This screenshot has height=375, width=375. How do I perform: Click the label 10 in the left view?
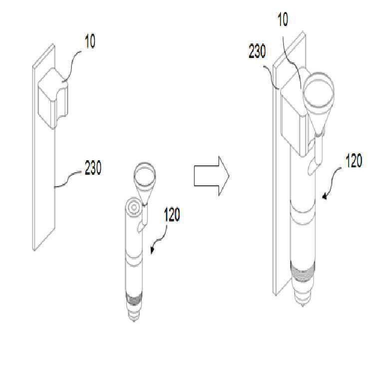point(90,41)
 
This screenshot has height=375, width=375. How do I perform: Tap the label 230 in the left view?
point(93,168)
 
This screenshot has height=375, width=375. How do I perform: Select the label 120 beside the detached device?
point(172,215)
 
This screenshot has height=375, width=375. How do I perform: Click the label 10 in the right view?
point(283,19)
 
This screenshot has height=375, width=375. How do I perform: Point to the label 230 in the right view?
point(257,51)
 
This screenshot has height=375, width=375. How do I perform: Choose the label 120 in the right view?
point(354,160)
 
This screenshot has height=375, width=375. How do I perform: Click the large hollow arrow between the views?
point(211,176)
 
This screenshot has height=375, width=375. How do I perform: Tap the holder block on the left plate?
point(53,98)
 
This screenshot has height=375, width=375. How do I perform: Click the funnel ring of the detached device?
point(145,174)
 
